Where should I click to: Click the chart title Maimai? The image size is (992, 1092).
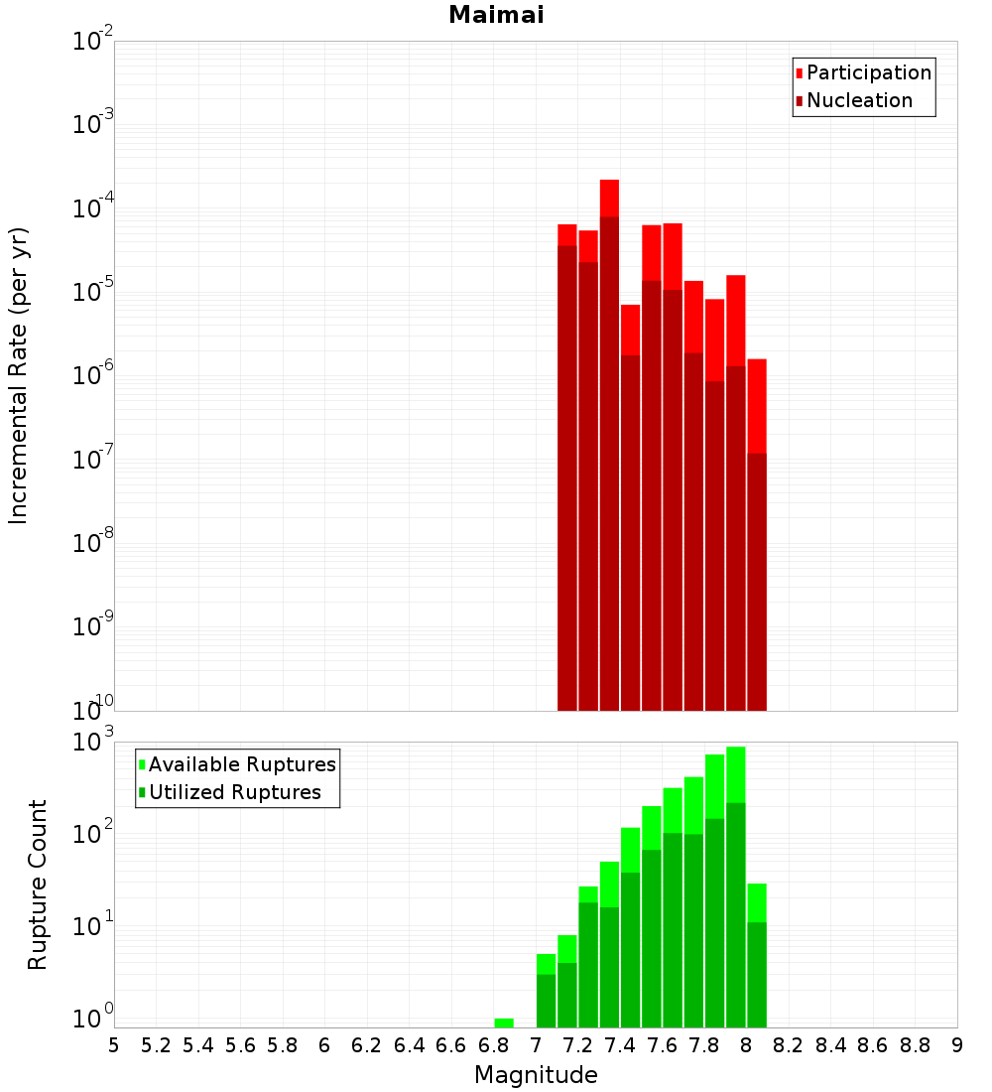pyautogui.click(x=496, y=16)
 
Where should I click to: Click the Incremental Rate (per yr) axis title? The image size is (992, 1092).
pyautogui.click(x=19, y=375)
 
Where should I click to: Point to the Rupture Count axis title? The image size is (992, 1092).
pyautogui.click(x=38, y=884)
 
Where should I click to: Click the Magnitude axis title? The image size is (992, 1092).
pyautogui.click(x=536, y=1075)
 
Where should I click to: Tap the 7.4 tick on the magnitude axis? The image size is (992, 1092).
pyautogui.click(x=620, y=1045)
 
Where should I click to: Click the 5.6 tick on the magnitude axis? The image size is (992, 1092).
pyautogui.click(x=240, y=1045)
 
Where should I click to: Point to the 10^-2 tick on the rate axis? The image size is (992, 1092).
pyautogui.click(x=93, y=43)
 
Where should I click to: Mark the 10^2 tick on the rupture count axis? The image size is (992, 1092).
pyautogui.click(x=93, y=834)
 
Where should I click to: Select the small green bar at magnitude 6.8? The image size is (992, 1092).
pyautogui.click(x=504, y=1023)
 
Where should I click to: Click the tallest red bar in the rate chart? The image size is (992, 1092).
pyautogui.click(x=609, y=447)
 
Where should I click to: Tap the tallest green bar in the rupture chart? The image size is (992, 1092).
pyautogui.click(x=736, y=893)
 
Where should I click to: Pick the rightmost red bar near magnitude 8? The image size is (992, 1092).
pyautogui.click(x=757, y=536)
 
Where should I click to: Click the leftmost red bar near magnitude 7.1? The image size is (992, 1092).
pyautogui.click(x=567, y=467)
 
